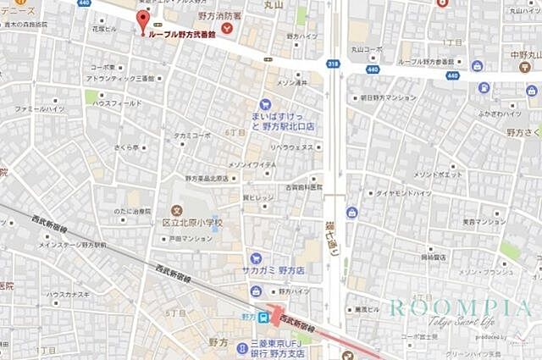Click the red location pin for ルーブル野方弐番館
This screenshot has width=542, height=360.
[x=143, y=19]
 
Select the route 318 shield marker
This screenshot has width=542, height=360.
[x=332, y=64]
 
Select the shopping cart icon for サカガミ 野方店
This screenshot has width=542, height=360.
[x=255, y=258]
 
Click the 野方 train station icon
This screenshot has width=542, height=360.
[x=264, y=318]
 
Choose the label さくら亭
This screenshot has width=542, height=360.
[x=126, y=147]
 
